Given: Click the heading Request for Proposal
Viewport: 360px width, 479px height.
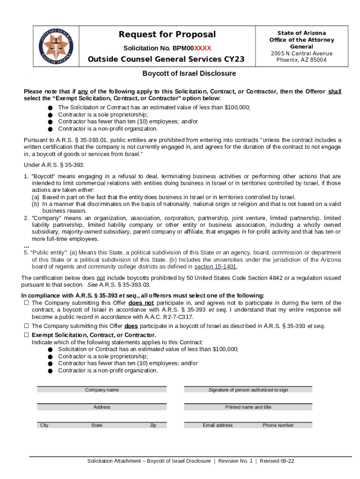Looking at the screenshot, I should (x=167, y=35).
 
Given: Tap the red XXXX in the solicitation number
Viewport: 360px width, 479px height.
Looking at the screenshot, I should (x=202, y=48).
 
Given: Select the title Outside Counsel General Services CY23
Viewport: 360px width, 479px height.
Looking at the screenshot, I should (x=166, y=60).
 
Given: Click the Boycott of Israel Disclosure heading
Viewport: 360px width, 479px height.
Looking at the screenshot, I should (x=189, y=73).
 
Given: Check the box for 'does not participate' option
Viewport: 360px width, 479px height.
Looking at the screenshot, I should (x=27, y=303).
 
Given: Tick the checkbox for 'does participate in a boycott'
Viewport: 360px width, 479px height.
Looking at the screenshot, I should (x=27, y=326).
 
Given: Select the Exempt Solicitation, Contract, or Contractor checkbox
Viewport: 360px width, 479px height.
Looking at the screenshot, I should (x=27, y=335).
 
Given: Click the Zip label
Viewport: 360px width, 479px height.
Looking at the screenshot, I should (x=153, y=425).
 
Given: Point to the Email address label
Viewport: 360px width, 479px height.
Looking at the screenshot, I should (x=217, y=425).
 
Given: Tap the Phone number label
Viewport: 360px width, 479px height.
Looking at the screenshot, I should (x=278, y=425).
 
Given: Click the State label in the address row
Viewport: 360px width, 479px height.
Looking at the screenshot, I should (x=97, y=425).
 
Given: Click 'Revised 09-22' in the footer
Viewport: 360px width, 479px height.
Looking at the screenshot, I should (x=277, y=461).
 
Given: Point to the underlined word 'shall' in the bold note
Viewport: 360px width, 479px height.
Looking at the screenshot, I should (x=335, y=92).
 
